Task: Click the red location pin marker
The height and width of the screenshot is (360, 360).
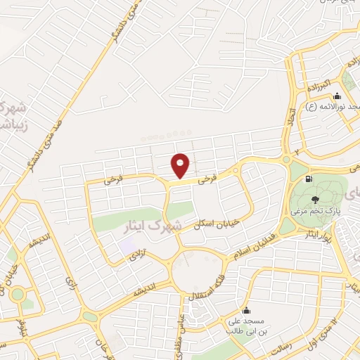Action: click(x=181, y=165)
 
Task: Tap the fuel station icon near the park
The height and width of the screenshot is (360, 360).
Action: click(x=307, y=179)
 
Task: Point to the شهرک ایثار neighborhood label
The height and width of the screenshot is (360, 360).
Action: click(x=176, y=226)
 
